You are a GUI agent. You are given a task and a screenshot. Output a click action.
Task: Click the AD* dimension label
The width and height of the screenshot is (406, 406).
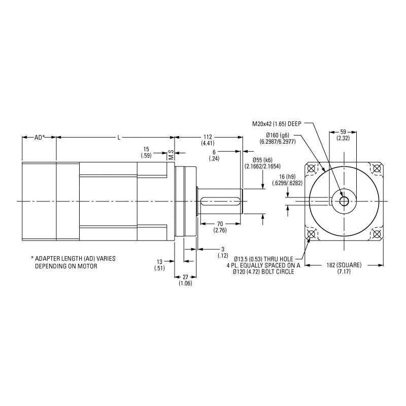40,137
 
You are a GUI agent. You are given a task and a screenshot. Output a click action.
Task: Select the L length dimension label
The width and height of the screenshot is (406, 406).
119,137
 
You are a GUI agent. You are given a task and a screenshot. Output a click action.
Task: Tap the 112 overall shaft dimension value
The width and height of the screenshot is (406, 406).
208,137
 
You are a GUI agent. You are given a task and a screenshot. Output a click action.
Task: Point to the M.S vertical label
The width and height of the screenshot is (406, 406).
171,155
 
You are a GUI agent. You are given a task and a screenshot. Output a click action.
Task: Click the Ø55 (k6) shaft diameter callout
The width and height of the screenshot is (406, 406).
262,160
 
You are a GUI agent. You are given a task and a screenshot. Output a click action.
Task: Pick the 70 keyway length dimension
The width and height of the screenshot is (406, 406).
220,224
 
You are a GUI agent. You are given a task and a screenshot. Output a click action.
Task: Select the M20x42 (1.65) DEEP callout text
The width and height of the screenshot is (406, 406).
277,124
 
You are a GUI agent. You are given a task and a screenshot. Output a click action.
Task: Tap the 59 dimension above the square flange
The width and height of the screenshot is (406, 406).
343,132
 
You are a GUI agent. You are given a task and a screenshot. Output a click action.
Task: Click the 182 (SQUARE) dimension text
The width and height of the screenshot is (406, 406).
344,265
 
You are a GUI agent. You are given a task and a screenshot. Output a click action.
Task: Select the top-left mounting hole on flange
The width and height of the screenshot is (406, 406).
312,168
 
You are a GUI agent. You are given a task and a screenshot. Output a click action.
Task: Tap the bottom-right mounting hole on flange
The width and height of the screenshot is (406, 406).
377,234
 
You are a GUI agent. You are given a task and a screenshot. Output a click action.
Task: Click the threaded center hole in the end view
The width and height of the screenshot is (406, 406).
344,201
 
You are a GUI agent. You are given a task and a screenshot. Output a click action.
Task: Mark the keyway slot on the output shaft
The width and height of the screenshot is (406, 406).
220,201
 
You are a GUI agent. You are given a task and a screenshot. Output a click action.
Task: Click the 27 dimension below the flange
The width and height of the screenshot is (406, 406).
185,277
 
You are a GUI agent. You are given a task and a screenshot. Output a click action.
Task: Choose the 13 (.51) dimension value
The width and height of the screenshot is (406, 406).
159,265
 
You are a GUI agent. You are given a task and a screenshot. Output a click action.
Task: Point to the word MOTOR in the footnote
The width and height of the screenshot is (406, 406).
87,266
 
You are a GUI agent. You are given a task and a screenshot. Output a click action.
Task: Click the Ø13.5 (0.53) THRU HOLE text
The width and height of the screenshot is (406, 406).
263,259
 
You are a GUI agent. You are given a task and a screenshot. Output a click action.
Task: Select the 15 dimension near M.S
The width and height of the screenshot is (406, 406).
146,149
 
